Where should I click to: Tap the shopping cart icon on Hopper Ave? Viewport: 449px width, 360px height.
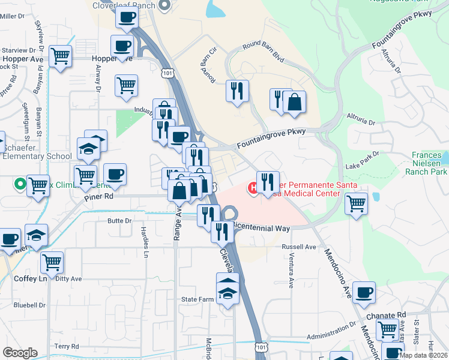click(60, 57)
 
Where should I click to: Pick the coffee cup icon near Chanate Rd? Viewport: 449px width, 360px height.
click(364, 293)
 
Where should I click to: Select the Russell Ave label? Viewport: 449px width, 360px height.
click(299, 247)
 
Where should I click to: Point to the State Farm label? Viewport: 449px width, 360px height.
click(197, 299)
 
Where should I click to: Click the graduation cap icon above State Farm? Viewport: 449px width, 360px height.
click(228, 287)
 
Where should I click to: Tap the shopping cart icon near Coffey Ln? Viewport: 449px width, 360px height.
click(52, 262)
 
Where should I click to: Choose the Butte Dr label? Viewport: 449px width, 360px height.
click(119, 221)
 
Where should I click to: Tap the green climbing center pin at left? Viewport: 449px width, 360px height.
click(20, 184)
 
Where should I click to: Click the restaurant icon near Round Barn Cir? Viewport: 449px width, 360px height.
click(237, 91)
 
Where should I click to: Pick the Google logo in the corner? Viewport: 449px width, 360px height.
click(20, 353)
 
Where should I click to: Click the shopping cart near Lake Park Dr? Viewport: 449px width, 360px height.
click(356, 203)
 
